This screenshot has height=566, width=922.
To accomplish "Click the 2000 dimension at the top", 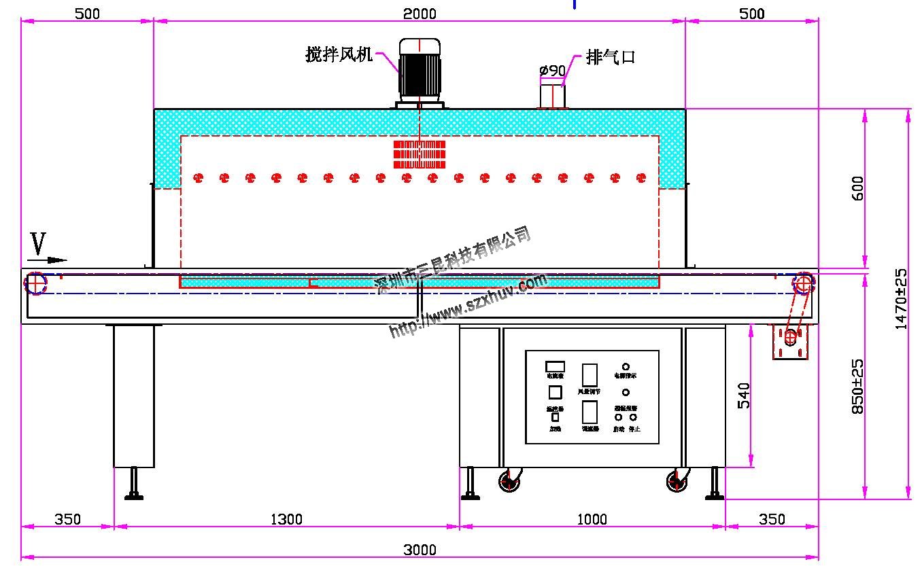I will [x=420, y=14].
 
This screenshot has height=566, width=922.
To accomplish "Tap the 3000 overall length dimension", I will [x=420, y=550].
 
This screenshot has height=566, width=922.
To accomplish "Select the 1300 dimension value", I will [x=286, y=520].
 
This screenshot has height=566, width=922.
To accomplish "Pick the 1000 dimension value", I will [x=592, y=520].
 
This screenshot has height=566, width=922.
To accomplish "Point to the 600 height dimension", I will [x=857, y=188].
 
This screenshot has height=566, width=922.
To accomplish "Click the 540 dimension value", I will [x=744, y=395].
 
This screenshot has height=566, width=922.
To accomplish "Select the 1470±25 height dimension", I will [x=901, y=299].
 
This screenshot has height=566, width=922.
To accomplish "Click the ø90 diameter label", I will [x=552, y=70].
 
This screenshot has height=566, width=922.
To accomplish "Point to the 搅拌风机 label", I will [x=339, y=55].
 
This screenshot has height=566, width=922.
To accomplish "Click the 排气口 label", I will [x=610, y=57].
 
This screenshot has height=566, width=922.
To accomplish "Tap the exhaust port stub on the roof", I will [x=552, y=95].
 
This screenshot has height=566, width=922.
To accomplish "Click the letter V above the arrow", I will [x=39, y=244].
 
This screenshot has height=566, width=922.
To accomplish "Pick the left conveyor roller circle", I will [x=35, y=283].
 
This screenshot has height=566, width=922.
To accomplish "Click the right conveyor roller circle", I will [x=803, y=283].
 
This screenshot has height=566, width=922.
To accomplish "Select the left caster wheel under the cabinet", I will [x=509, y=482].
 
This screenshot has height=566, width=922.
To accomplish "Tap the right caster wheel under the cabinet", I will [x=677, y=482].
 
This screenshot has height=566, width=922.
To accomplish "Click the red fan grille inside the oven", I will [x=420, y=154].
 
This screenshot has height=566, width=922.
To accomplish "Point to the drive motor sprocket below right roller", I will [x=790, y=336].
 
